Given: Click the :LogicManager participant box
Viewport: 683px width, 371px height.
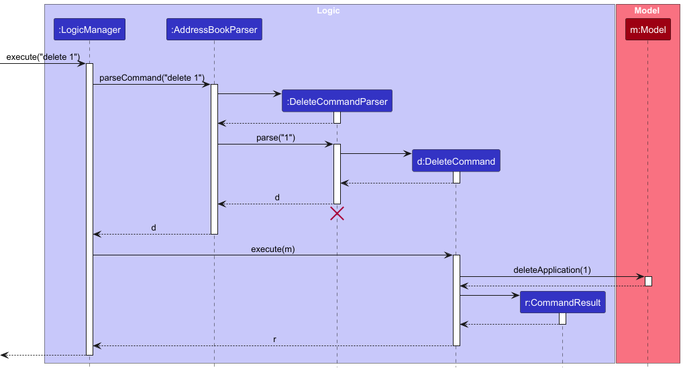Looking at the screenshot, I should coord(89,30).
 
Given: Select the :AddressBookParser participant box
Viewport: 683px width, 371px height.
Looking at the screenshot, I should coord(214,30).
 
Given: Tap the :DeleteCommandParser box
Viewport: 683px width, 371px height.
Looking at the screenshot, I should coord(337,102).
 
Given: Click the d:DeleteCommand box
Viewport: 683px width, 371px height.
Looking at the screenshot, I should coord(456,161).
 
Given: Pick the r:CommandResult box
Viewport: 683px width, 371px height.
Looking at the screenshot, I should coord(562,302).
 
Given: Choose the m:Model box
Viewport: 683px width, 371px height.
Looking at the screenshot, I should coord(647,30).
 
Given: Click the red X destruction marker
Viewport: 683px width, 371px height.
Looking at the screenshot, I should coord(337,214).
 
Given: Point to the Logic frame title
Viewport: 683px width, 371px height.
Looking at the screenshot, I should coord(328,11).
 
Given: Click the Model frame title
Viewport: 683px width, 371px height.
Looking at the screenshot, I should coord(647,11).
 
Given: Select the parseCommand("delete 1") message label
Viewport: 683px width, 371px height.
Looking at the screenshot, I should coord(152,78).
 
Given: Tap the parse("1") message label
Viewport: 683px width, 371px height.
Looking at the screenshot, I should coord(276,138).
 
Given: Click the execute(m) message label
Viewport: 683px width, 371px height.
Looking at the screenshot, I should coord(272,249).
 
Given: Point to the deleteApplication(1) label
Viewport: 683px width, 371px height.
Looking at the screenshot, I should coord(552,270).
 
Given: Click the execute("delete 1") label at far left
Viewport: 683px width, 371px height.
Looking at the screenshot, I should coord(43,57).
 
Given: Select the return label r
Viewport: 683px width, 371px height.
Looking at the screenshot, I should coord(274,339).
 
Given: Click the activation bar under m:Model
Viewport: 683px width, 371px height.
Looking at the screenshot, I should coord(648,280).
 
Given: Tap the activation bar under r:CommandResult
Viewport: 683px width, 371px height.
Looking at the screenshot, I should coord(562,319).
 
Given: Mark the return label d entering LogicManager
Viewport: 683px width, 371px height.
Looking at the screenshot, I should coord(154,228).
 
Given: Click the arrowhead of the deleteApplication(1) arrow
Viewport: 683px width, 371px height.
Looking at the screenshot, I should coord(641,276).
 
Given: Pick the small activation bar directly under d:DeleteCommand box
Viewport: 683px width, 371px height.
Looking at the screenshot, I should coord(456,177).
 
